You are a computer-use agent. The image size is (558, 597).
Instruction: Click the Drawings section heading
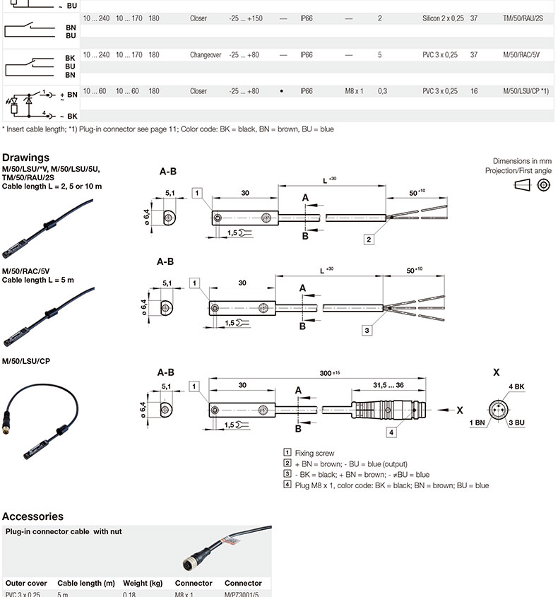[x=25, y=158]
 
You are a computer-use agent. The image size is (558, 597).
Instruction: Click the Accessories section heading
[x=32, y=516]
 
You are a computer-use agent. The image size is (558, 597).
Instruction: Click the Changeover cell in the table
[x=206, y=54]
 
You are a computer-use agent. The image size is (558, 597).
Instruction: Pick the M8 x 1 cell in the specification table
[x=354, y=91]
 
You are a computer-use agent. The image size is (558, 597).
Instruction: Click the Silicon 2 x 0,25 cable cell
[x=443, y=18]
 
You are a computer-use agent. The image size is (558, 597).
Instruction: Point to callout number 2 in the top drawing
[x=369, y=240]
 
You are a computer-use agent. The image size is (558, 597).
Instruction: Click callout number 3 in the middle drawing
[x=367, y=329]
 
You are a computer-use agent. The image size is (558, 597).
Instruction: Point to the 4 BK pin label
[x=516, y=386]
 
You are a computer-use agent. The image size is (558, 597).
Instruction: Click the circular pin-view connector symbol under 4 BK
[x=497, y=409]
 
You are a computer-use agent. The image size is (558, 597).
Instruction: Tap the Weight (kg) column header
[x=143, y=583]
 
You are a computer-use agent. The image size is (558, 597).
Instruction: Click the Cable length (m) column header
[x=86, y=583]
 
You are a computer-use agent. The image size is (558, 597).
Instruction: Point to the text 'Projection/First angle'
[x=518, y=171]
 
